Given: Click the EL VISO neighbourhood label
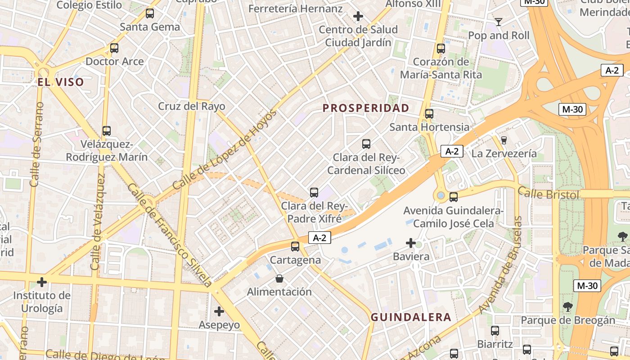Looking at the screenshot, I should pos(61,82).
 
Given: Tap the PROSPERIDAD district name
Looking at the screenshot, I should pos(366,108).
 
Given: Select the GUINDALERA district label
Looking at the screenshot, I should pos(411,317).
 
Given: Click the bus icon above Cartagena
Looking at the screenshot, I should pos(295,247).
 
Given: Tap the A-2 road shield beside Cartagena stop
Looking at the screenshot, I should pos(319,238).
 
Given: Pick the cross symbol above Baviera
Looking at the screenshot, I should pos(411,243).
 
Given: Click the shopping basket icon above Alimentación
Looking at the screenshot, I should pos(279,279).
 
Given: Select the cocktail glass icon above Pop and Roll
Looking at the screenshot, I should pos(498,22).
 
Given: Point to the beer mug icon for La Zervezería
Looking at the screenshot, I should pos(504,140).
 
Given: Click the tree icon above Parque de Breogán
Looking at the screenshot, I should pos(568,307).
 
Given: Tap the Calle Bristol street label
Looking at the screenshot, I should pos(548,194).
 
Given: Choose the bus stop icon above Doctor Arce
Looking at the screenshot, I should pos(114,48).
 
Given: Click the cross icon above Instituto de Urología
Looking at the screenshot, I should pos(42,283).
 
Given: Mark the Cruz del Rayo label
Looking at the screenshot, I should pos(191,107).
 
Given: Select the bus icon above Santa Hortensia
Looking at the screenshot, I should pos(429,114).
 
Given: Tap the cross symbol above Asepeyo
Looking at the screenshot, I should pos(219,311).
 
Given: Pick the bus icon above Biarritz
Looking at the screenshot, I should pos(495,331).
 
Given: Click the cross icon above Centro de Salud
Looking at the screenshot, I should pos(358,17).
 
